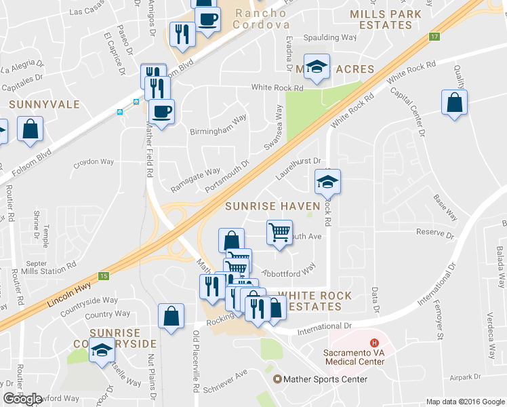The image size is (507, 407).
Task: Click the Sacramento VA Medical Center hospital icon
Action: pyautogui.click(x=372, y=343)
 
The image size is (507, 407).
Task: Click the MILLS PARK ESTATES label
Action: pyautogui.click(x=382, y=19)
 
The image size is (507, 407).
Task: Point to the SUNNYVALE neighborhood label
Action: pyautogui.click(x=45, y=105)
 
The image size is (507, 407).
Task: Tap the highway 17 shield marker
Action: pyautogui.click(x=434, y=36)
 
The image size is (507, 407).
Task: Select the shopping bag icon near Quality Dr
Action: pyautogui.click(x=453, y=102)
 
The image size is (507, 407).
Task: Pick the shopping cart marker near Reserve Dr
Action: pyautogui.click(x=279, y=232)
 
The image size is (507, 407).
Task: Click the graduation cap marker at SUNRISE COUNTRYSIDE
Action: pyautogui.click(x=102, y=351)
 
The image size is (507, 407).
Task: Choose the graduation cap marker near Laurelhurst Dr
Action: pyautogui.click(x=327, y=181)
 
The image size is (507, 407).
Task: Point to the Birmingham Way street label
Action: pyautogui.click(x=218, y=125)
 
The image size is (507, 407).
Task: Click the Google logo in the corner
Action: pyautogui.click(x=23, y=399)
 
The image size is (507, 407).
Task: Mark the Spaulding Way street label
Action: pyautogui.click(x=330, y=37)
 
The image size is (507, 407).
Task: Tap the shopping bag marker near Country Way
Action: pyautogui.click(x=171, y=315)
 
